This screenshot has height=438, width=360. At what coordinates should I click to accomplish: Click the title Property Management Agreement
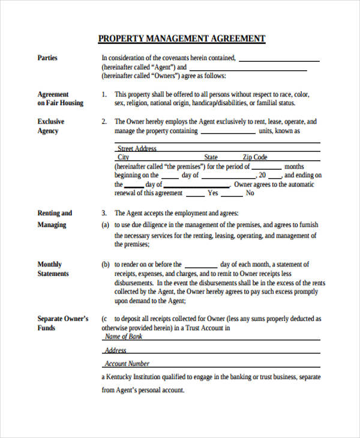point(181,39)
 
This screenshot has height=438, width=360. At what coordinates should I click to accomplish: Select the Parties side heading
point(47,58)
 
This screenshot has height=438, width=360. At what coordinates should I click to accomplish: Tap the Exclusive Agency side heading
point(50,126)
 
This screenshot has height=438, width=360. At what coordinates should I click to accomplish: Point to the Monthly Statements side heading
point(53,269)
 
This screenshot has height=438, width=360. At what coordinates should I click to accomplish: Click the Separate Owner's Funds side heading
point(62,323)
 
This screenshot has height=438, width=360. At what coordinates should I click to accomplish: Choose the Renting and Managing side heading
point(54,219)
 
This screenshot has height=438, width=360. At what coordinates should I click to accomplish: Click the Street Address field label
point(137,148)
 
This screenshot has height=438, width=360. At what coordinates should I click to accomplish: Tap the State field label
point(211,157)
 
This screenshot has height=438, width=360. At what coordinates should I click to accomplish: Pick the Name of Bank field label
point(124,337)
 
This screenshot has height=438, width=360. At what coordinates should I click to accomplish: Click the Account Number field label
point(127,364)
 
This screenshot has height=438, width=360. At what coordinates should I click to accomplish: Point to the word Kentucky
point(121,377)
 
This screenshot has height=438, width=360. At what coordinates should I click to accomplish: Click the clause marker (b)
point(105,265)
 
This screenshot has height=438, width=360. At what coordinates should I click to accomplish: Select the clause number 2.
point(103,122)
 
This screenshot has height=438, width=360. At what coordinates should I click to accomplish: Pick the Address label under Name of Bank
point(115,350)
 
